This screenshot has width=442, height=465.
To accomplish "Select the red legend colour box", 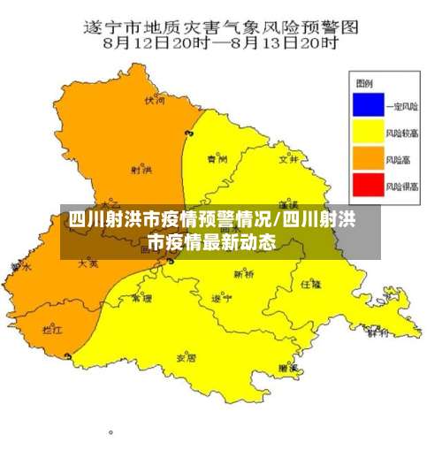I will click(x=364, y=186).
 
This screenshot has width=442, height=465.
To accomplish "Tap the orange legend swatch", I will click(x=364, y=159).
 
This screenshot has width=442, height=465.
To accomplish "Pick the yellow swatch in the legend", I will click(x=364, y=133).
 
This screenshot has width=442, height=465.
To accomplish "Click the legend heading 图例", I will click(x=362, y=85).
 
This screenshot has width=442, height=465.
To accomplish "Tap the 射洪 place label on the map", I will click(x=140, y=169).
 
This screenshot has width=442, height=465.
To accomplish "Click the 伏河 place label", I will click(x=156, y=102).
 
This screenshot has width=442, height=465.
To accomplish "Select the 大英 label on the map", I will click(x=88, y=263).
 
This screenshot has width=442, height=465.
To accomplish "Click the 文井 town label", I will click(x=287, y=160).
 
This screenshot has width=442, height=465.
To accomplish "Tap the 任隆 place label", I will click(x=310, y=284).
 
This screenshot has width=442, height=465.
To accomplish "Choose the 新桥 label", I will click(x=244, y=275).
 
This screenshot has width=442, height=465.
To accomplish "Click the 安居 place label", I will click(x=186, y=358).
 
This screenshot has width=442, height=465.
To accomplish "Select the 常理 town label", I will click(x=141, y=299).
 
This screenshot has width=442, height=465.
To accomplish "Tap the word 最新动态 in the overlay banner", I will click(x=238, y=241).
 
